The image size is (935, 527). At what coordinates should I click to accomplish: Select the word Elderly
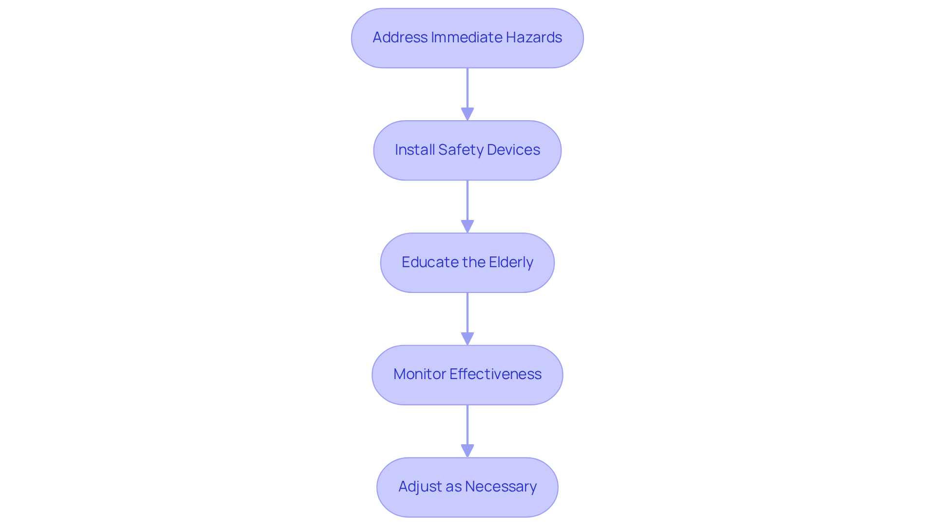click(x=511, y=262)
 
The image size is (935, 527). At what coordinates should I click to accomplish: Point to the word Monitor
click(x=419, y=374)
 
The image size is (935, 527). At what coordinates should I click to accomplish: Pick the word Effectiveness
click(x=495, y=374)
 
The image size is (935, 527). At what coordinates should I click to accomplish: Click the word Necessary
click(x=501, y=487)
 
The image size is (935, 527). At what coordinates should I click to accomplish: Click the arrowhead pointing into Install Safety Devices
click(x=467, y=114)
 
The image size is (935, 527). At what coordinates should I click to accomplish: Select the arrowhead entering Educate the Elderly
click(x=467, y=226)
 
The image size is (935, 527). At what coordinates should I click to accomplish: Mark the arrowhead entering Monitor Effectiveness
click(x=467, y=339)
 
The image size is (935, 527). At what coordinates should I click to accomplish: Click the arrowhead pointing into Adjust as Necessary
click(x=467, y=451)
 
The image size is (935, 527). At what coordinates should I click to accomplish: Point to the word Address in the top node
click(x=400, y=37)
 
